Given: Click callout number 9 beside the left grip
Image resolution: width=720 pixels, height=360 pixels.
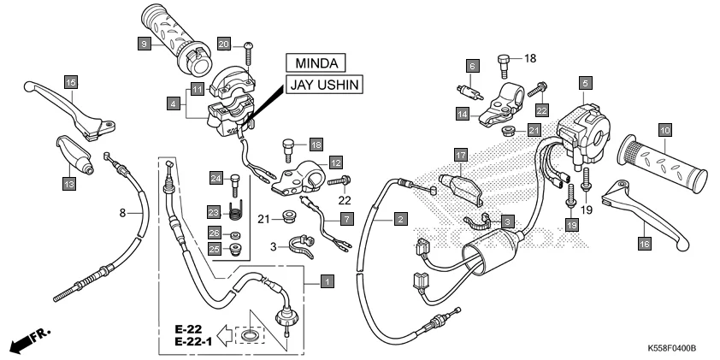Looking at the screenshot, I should [145, 43].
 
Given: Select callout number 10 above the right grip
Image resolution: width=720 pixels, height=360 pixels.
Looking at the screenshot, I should [664, 130].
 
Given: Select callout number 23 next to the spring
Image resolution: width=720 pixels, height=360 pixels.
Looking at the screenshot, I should [215, 211].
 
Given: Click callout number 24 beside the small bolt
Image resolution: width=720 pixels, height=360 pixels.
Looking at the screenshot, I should [215, 178].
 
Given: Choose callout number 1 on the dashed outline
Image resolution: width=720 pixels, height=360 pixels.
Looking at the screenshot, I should [326, 280].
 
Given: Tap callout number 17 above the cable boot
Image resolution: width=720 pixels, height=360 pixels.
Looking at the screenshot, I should [461, 155].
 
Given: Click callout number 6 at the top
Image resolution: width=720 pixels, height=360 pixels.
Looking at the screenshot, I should [470, 66].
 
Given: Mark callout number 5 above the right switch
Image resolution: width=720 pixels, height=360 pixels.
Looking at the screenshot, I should [586, 83].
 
